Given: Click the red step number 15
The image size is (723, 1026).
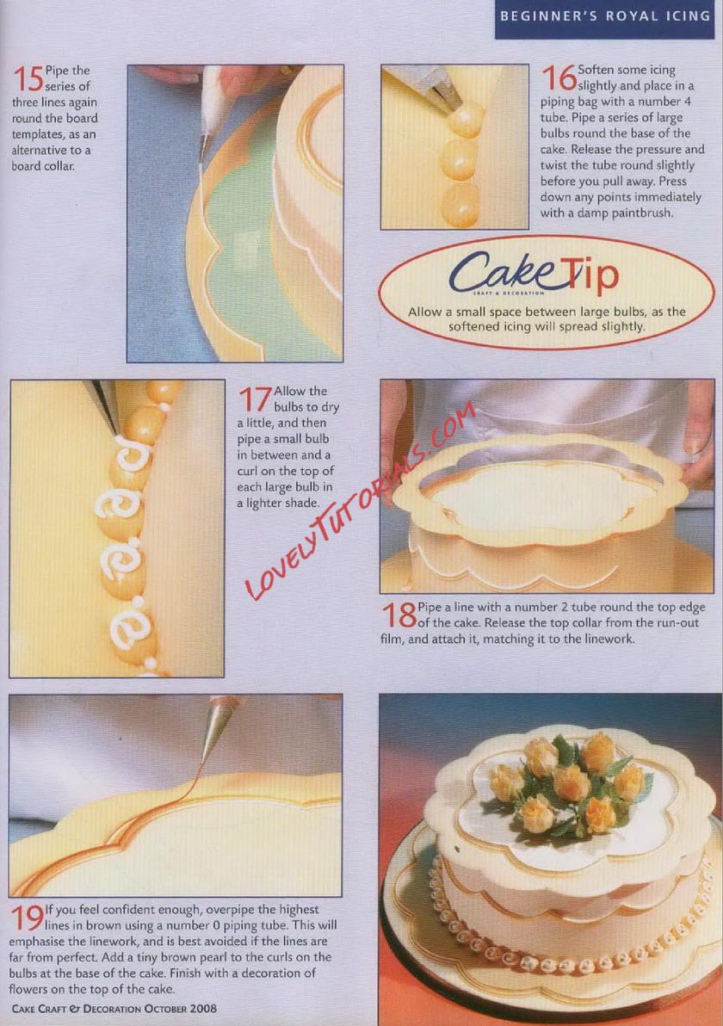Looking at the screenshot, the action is (x=28, y=78).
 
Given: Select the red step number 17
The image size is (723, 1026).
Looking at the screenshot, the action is (x=255, y=399).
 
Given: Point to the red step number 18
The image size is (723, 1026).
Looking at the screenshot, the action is (x=399, y=615).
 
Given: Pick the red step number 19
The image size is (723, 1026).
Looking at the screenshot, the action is (x=27, y=918).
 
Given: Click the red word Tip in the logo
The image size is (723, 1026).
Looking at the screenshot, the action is (x=590, y=275).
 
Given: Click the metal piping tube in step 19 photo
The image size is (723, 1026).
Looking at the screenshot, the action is (x=218, y=727).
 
